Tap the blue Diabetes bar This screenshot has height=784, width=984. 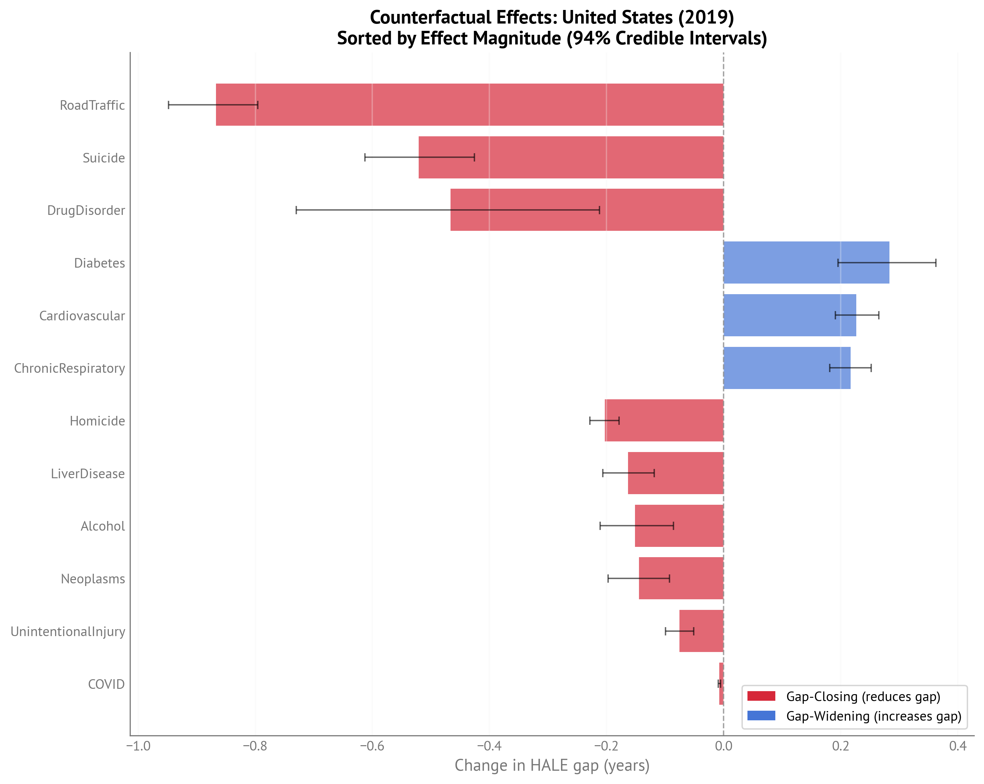[806, 262]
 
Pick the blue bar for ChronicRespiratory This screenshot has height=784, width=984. [787, 368]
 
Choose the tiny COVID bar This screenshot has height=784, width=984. [721, 684]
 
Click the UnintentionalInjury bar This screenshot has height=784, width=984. [701, 631]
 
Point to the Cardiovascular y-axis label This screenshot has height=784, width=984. [82, 315]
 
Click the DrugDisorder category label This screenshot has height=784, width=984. [86, 210]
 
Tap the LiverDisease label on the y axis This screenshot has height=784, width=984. [88, 473]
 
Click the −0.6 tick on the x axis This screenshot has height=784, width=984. [372, 746]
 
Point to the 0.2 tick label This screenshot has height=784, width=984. [840, 746]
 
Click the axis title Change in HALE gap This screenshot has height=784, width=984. [551, 765]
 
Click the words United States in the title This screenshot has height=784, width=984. [617, 17]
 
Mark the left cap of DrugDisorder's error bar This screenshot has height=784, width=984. [296, 210]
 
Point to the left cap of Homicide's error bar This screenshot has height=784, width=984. [590, 420]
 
